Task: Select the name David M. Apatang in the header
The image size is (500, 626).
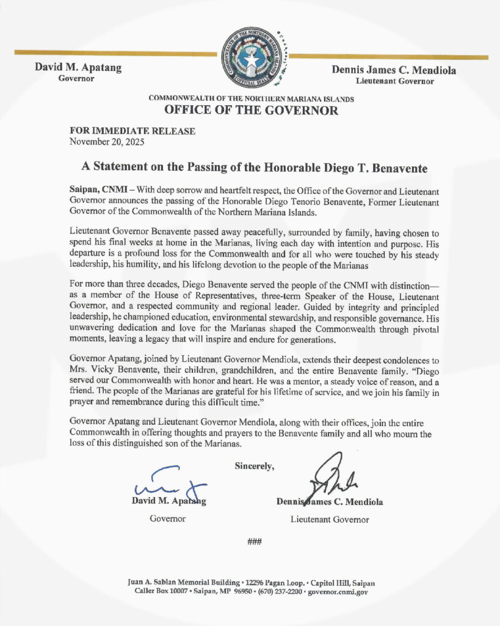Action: (x=78, y=68)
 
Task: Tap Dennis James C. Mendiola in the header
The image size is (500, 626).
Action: (x=394, y=70)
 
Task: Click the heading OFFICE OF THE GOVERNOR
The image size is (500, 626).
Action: (x=250, y=111)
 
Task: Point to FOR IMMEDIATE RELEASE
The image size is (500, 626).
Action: (x=132, y=131)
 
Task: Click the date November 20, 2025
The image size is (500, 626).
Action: (x=107, y=142)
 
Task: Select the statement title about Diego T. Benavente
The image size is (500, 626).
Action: (x=250, y=167)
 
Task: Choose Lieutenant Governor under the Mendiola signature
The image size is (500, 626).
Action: (x=330, y=520)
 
